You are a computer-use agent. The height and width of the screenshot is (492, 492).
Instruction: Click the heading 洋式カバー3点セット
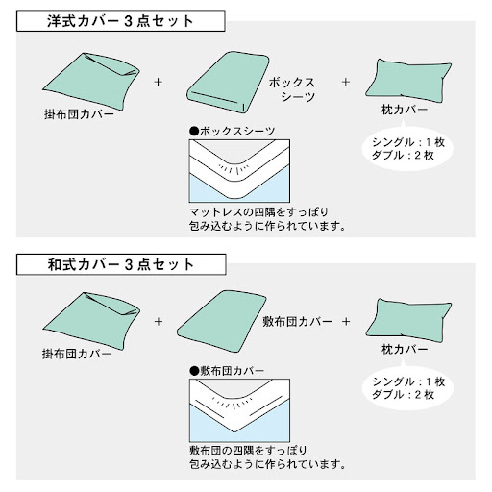[120, 21]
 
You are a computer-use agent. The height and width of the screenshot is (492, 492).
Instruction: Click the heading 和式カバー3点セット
[121, 264]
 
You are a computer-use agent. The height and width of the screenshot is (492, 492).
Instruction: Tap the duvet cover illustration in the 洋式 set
[91, 81]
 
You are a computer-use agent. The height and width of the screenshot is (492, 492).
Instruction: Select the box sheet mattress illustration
[228, 83]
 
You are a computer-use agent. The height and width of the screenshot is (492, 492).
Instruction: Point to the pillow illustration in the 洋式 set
[408, 81]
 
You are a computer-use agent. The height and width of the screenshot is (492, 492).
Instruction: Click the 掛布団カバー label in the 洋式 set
[79, 114]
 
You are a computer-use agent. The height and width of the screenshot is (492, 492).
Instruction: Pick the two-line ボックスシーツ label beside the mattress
[292, 89]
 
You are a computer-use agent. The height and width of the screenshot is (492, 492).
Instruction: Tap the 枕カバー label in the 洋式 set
[405, 110]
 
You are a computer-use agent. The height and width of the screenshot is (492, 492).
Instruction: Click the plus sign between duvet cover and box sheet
[158, 82]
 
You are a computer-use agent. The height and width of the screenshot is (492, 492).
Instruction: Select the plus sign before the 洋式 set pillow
[346, 82]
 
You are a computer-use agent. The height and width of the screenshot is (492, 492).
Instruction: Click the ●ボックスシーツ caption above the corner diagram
[233, 131]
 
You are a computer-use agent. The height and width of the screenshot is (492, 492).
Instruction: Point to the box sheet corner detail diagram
[239, 171]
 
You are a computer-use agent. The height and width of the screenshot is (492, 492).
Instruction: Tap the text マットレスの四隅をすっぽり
[258, 212]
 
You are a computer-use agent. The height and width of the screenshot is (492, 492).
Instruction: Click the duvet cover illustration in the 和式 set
[91, 321]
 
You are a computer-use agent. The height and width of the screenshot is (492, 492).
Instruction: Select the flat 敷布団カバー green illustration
[221, 321]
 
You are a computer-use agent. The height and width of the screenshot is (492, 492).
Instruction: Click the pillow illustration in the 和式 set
[408, 320]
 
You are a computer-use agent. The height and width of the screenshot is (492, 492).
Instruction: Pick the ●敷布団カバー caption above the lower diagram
[227, 371]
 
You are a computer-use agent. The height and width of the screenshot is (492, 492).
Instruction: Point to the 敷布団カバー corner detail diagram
[239, 410]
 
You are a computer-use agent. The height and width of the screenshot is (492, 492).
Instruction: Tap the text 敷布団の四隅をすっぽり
[248, 451]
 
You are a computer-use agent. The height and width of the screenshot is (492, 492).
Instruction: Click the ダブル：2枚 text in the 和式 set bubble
[403, 395]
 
